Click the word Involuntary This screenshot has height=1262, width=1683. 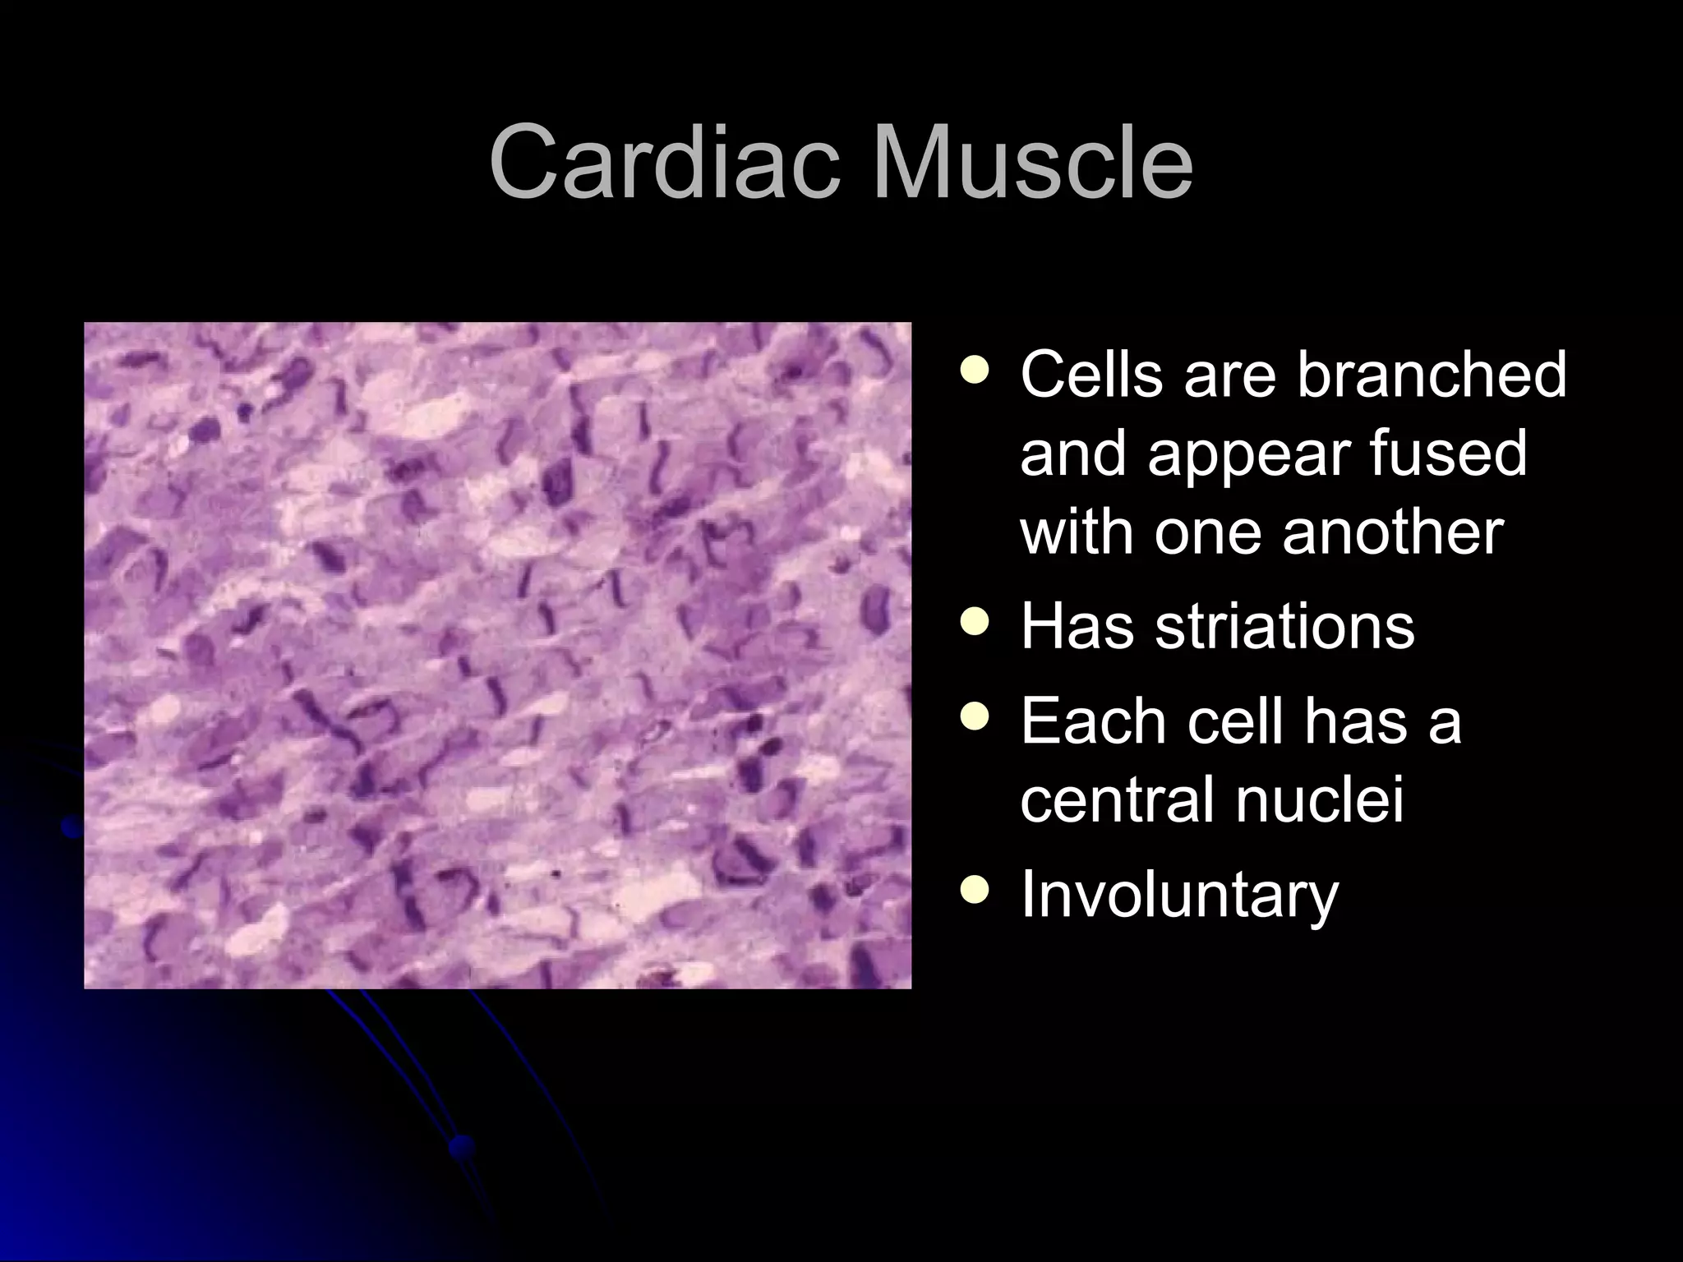pyautogui.click(x=1180, y=895)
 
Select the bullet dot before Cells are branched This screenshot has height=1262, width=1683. pyautogui.click(x=975, y=371)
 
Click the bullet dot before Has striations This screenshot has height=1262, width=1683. pyautogui.click(x=975, y=624)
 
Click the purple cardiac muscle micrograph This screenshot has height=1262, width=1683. pyautogui.click(x=497, y=655)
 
